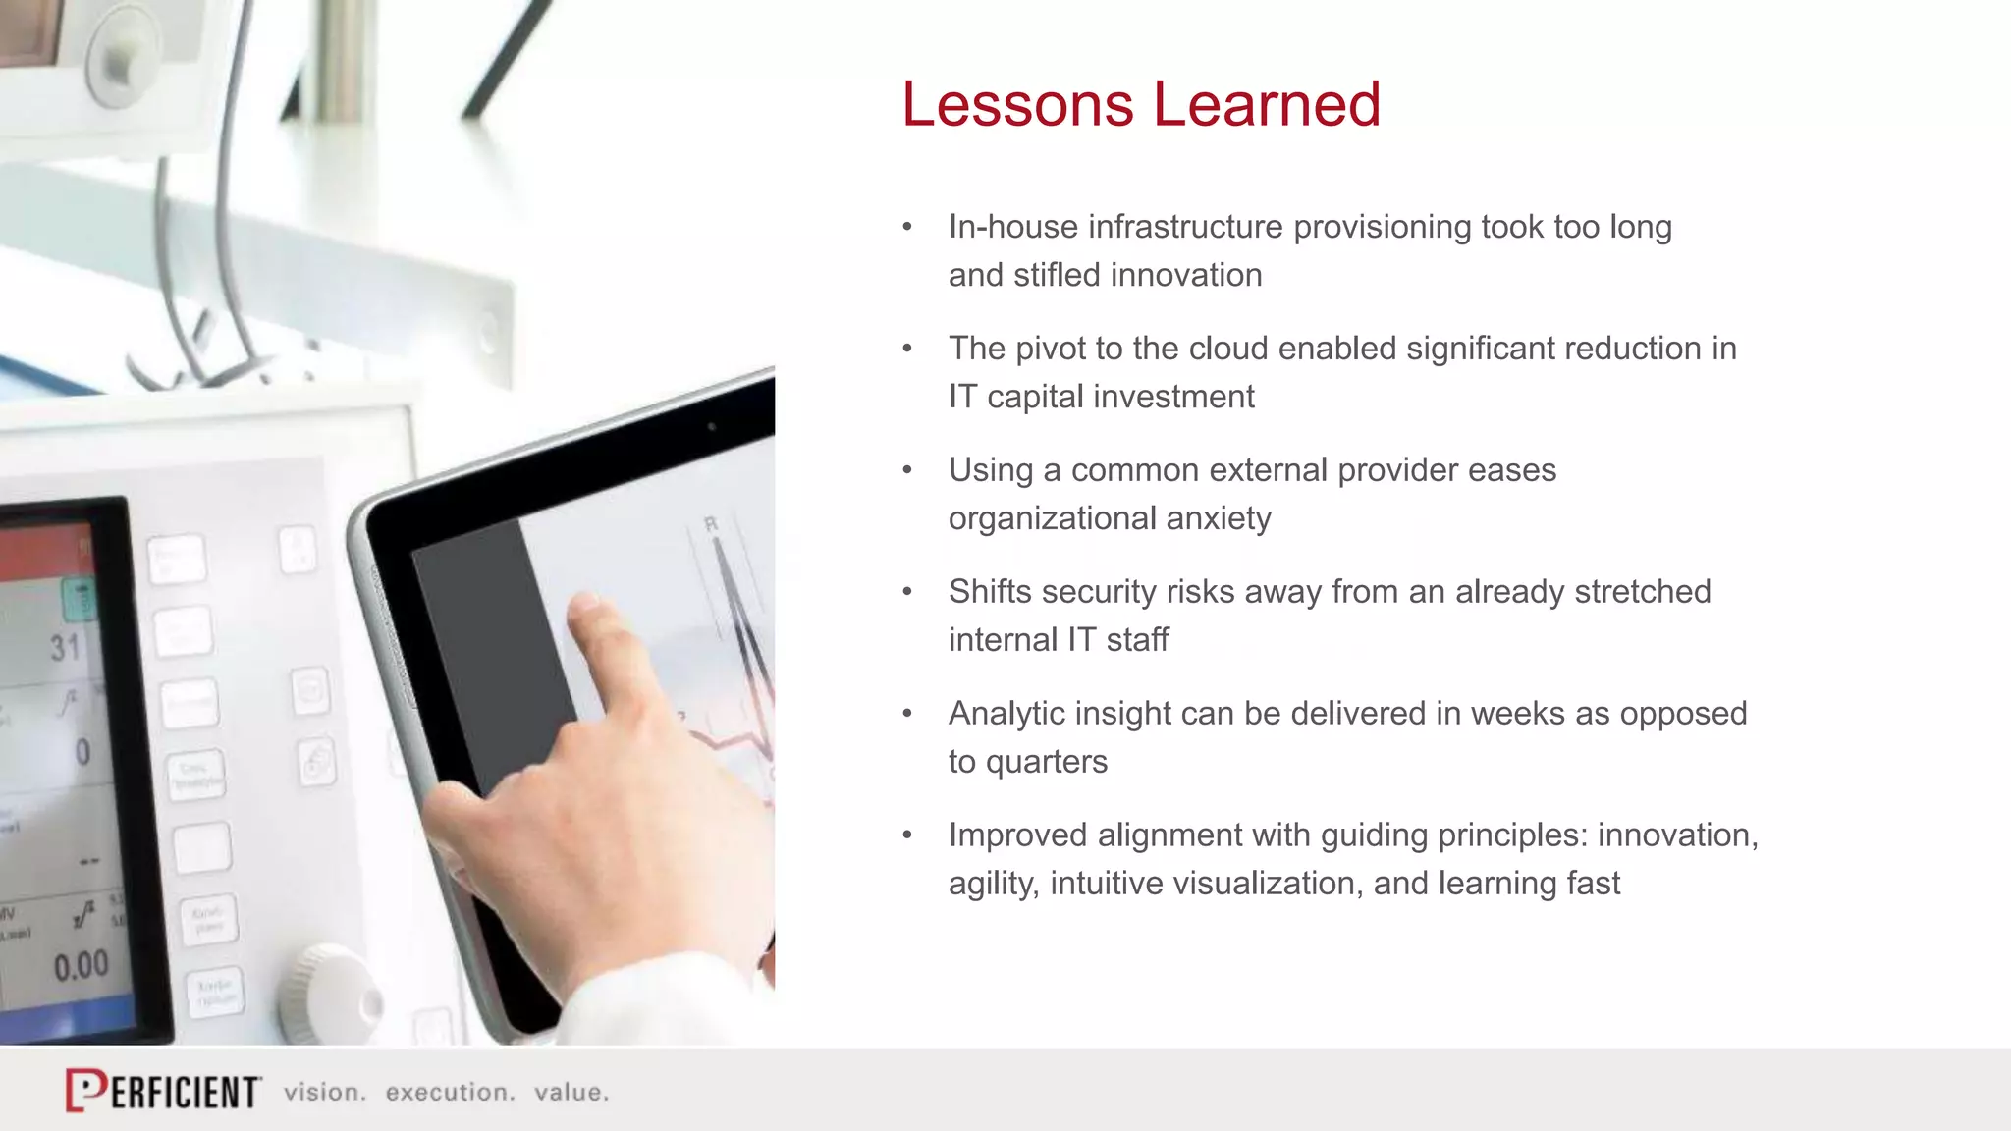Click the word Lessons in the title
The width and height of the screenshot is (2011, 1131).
tap(1017, 104)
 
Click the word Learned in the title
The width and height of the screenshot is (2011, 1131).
tap(1267, 104)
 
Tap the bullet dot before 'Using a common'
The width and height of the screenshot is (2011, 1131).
tap(907, 471)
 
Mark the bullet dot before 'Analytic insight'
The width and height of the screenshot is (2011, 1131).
tap(907, 715)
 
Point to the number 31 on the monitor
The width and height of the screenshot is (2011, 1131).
tap(66, 648)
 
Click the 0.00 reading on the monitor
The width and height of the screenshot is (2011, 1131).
tap(82, 967)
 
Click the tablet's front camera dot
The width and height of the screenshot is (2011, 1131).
tap(712, 427)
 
